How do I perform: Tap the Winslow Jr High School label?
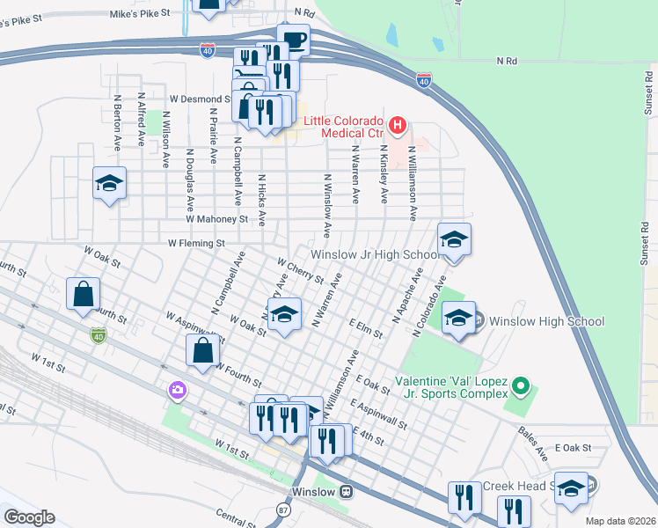374,254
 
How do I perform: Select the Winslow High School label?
546,321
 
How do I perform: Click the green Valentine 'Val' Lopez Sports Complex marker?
521,386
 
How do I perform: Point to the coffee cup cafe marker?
293,40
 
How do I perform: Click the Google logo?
29,517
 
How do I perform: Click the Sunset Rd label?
645,238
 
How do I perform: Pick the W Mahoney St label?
216,219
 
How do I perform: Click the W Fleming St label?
197,243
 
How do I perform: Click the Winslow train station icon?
347,491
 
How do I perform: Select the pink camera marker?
178,390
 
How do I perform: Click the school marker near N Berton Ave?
109,184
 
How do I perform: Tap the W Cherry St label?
301,271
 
